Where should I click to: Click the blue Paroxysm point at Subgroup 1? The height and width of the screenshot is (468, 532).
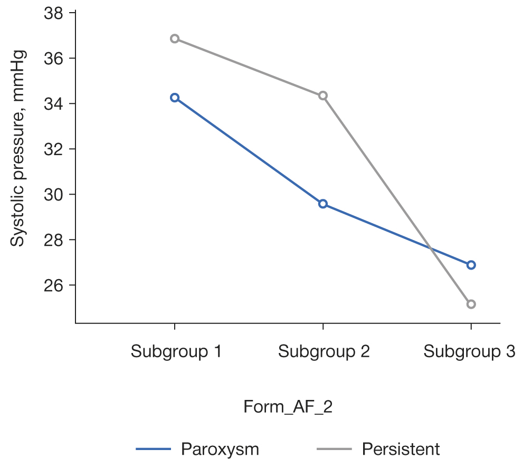[x=175, y=98]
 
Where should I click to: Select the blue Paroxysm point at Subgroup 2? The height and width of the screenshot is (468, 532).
[x=323, y=204]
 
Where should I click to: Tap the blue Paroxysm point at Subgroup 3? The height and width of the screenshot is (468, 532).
[x=471, y=265]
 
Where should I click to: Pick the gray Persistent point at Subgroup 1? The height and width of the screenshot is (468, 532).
[x=175, y=39]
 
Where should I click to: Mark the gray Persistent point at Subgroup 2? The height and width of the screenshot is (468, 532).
[x=323, y=95]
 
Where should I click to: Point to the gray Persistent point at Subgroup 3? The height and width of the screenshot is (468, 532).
[x=471, y=304]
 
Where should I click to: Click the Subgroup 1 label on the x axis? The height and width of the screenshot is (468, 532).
[x=176, y=351]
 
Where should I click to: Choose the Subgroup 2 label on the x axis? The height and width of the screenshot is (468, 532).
[x=324, y=351]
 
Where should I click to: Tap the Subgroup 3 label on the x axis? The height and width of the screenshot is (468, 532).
[x=469, y=351]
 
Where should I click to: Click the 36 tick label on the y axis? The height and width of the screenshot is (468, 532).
[x=54, y=58]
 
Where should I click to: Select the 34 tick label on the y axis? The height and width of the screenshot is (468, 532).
[x=54, y=103]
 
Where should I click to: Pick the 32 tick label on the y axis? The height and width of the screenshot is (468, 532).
[x=54, y=149]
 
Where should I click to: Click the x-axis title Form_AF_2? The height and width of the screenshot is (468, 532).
[x=288, y=407]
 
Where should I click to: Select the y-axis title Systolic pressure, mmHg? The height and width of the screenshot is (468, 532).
[x=18, y=148]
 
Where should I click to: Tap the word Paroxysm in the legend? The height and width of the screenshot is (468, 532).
[x=220, y=450]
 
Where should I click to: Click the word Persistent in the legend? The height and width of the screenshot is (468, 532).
[x=401, y=450]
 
